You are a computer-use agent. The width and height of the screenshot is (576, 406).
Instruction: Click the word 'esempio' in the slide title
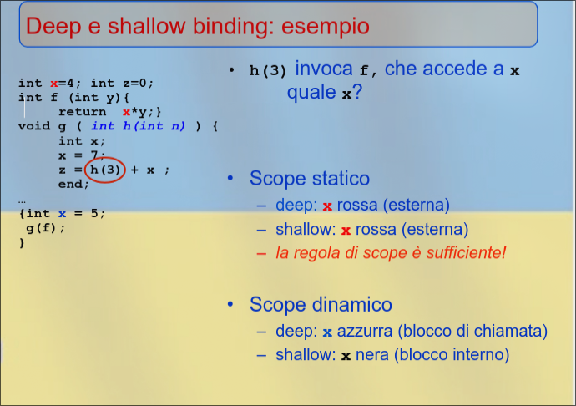tap(326, 26)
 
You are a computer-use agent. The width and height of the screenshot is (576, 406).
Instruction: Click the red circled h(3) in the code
tap(106, 170)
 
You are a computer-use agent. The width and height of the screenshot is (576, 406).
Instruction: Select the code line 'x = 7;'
tap(82, 155)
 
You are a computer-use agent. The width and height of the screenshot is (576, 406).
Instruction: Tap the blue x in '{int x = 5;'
tap(62, 213)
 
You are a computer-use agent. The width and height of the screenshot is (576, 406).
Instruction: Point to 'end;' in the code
tap(73, 184)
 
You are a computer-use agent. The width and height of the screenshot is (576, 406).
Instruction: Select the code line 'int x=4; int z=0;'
tap(87, 83)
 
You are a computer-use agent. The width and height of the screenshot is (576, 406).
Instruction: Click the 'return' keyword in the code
tap(82, 112)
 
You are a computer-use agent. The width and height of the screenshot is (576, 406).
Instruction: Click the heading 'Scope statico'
tap(309, 178)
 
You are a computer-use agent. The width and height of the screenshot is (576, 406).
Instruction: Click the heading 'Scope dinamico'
tap(321, 305)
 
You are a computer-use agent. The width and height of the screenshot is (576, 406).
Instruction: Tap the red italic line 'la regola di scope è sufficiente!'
tap(391, 252)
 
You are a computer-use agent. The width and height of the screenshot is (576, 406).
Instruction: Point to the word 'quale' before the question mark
tap(312, 93)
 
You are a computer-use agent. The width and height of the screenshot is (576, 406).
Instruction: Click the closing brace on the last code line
tap(22, 243)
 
